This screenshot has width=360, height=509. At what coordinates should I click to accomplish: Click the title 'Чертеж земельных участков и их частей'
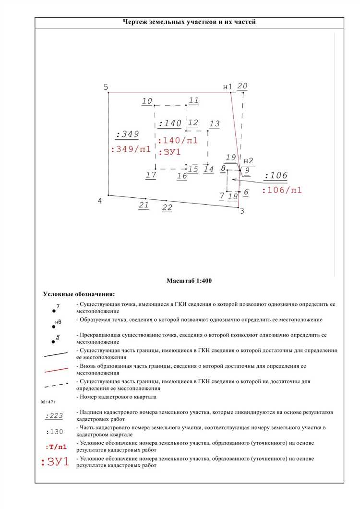click(x=189, y=22)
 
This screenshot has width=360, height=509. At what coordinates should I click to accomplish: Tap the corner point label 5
click(x=106, y=87)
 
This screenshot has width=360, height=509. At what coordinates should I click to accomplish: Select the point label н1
click(x=228, y=87)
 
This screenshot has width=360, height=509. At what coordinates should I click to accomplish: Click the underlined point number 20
click(x=242, y=86)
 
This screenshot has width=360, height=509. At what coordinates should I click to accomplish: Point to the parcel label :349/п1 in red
click(x=131, y=149)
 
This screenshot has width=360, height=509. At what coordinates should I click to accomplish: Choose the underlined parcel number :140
click(x=170, y=123)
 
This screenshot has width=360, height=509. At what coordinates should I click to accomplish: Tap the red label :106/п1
click(x=282, y=190)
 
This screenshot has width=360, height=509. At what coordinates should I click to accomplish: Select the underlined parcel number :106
click(x=276, y=176)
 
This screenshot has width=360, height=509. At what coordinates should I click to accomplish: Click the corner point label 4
click(x=100, y=201)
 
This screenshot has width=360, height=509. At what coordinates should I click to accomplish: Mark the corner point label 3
click(x=241, y=211)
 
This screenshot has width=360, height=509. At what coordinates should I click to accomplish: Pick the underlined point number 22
click(x=167, y=207)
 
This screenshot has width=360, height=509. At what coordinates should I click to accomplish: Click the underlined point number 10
click(x=147, y=101)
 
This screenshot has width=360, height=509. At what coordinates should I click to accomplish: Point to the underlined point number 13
click(x=215, y=124)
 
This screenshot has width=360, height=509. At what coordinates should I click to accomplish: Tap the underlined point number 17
click(x=151, y=175)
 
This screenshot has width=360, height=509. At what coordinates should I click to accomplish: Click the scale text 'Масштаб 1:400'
click(x=189, y=280)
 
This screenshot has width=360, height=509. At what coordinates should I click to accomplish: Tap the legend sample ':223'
click(x=54, y=416)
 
